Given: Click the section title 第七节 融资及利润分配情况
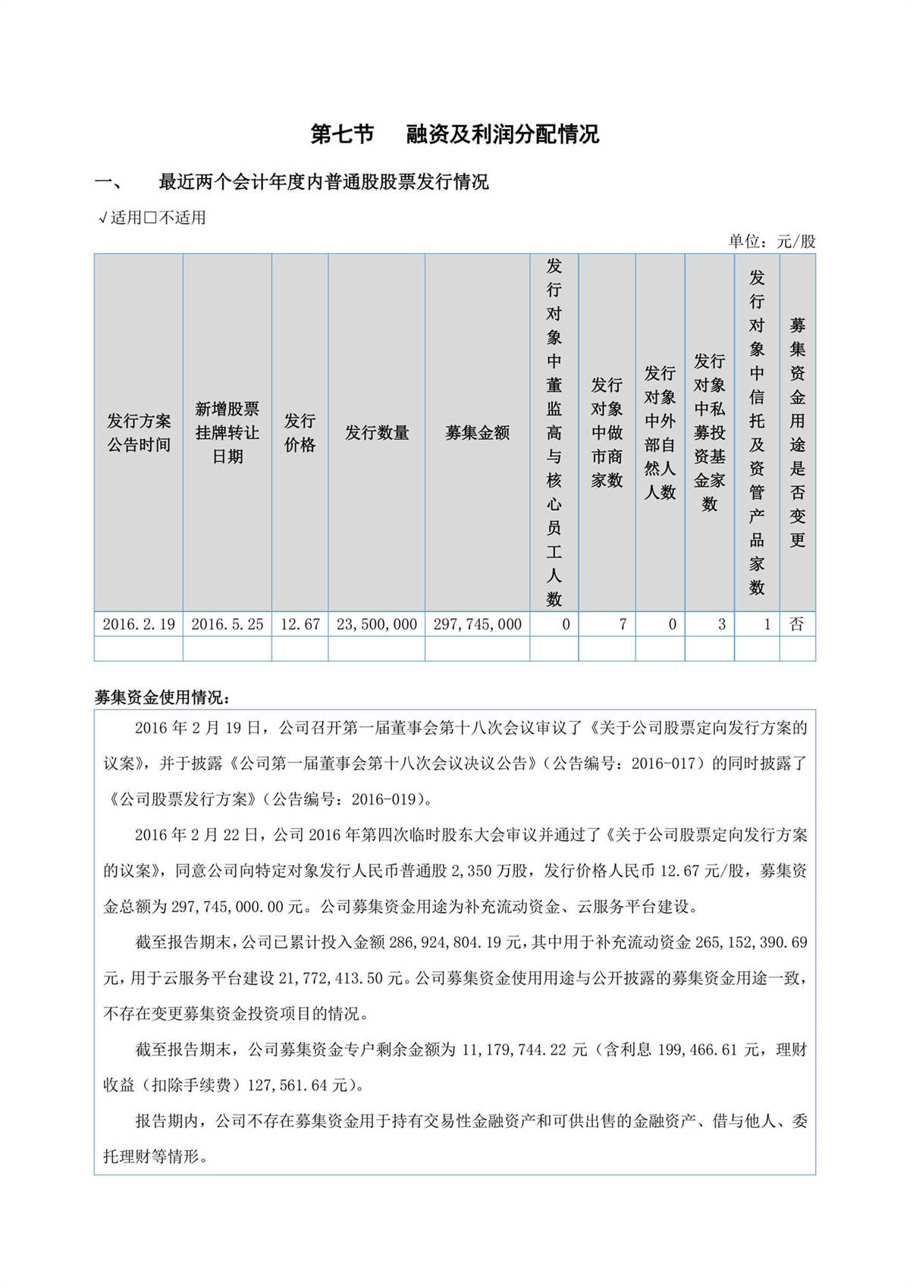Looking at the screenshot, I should point(455,134).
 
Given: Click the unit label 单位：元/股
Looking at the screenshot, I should point(772,241).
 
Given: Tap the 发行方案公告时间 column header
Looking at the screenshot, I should point(139,432).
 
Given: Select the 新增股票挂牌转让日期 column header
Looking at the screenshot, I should point(227,432).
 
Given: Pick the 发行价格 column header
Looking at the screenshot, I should point(300,432).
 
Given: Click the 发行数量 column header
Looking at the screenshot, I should point(377,432).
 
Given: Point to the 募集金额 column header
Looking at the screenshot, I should point(477,432).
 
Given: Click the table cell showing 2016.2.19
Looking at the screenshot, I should point(139,624).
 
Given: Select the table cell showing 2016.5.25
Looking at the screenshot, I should point(227,624).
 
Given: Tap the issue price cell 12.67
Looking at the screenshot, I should point(300,624).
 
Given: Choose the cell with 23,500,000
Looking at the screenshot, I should point(377,624).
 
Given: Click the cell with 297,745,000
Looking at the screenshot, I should point(477,624).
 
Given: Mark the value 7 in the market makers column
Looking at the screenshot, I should point(623,624).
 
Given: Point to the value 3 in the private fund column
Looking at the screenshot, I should point(721,624).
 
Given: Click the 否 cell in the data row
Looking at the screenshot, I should point(796,624).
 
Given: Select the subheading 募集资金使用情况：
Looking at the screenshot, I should point(162,697).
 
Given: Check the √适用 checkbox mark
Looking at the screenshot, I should point(103,218).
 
